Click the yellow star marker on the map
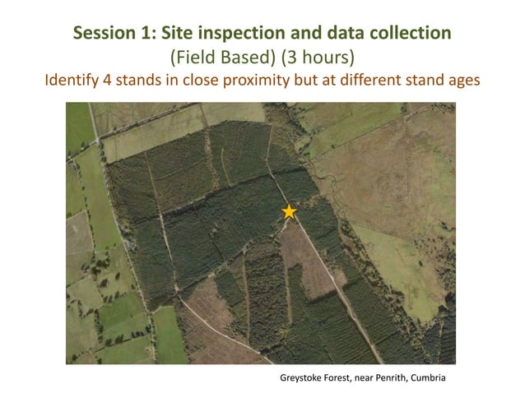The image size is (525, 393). pyautogui.click(x=289, y=211)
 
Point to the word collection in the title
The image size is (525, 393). pyautogui.click(x=411, y=34)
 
